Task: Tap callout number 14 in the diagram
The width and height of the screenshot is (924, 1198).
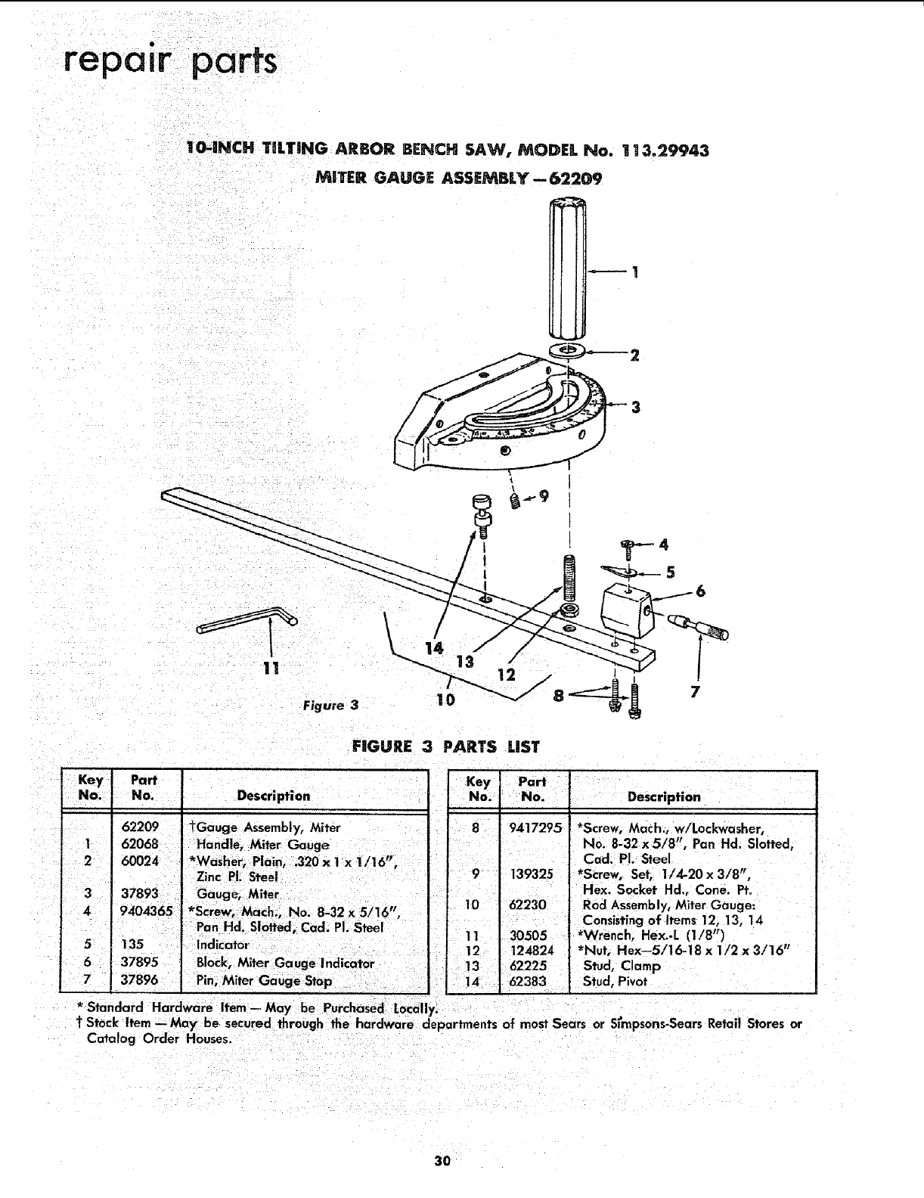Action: coord(433,649)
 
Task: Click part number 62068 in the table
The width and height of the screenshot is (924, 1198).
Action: coord(140,845)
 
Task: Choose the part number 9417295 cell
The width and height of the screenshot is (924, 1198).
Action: coord(535,828)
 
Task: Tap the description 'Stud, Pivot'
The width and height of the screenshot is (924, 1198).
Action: coord(615,982)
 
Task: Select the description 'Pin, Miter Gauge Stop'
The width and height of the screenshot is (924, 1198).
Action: coord(264,981)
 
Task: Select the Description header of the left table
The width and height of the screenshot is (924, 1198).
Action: coord(274,796)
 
